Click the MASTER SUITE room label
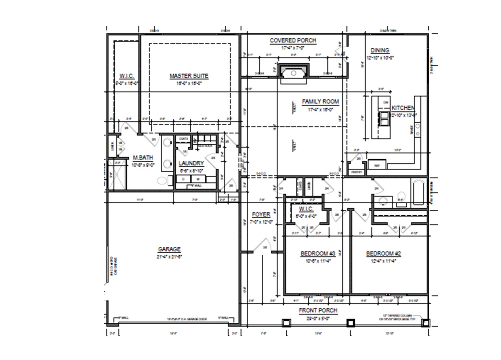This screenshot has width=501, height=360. coord(189,76)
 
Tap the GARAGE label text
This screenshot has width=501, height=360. coord(169,249)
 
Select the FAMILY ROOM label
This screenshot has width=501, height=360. coord(320,102)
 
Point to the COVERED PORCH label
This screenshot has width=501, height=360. coord(293,41)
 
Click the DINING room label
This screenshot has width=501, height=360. coord(380,50)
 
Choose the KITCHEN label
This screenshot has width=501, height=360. coord(403,108)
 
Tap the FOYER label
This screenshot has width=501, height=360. coord(261,214)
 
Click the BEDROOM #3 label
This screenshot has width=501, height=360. coord(317,253)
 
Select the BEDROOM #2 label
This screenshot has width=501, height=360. coord(384,253)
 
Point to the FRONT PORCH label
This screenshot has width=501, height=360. coord(318,310)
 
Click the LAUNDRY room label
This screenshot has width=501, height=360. coord(191,163)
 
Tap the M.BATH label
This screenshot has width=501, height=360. coord(143,158)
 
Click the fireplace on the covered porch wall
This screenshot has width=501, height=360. coord(293,72)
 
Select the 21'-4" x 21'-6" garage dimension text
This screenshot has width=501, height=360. coord(169,257)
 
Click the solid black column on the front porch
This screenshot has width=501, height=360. coord(351,323)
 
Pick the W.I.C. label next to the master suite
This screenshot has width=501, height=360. coord(126,76)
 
